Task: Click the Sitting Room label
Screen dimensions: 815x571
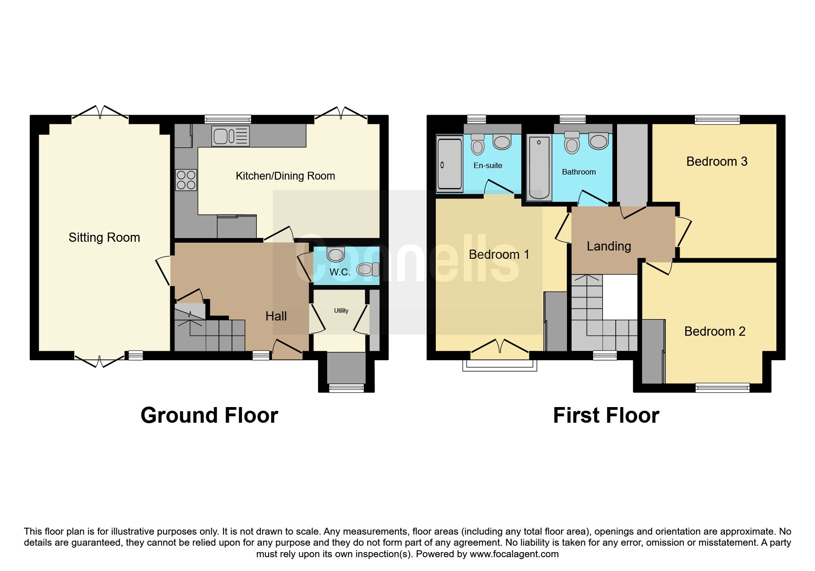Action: (104, 238)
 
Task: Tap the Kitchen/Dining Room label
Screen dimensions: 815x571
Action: (285, 176)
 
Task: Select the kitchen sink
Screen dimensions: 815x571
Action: (231, 136)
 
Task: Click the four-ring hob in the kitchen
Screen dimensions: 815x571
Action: (186, 180)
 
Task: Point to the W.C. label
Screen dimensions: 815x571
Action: (340, 272)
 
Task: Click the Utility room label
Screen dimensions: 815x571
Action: (341, 311)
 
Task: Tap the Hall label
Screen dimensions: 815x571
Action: (276, 316)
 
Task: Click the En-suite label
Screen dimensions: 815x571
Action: (488, 166)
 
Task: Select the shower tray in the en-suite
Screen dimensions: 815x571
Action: (449, 163)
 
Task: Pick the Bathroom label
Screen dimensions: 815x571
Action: (579, 172)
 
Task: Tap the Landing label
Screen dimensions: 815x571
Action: (609, 246)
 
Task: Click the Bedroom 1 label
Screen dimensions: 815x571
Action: (499, 255)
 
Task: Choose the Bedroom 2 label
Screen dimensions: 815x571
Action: (715, 332)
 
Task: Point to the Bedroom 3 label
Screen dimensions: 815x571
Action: (717, 162)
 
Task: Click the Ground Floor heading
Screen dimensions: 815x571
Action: (209, 415)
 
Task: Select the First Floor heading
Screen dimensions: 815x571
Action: (606, 415)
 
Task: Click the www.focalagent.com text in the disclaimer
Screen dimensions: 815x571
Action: (514, 554)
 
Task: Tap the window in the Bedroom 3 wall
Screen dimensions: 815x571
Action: (717, 120)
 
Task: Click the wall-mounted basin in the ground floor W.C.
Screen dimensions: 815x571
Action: (335, 255)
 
